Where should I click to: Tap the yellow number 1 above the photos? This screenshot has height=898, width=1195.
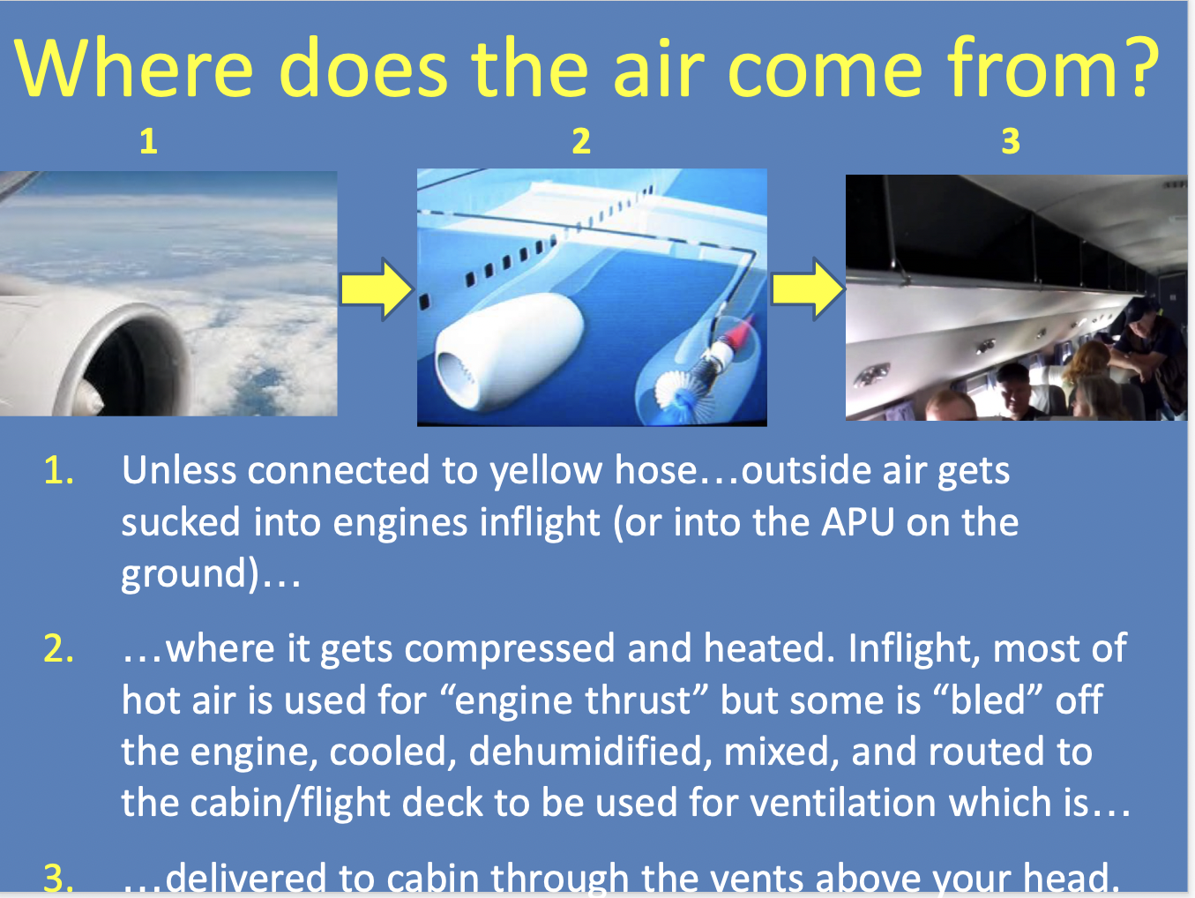[148, 141]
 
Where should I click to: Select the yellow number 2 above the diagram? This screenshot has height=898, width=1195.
[580, 141]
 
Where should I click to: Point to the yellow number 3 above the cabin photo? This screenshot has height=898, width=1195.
[1011, 141]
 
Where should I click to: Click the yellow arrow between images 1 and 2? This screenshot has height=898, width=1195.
[377, 288]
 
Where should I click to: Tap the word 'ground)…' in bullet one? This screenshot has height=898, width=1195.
[210, 574]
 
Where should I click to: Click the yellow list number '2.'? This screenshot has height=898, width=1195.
[58, 649]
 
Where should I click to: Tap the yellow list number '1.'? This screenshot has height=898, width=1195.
[58, 471]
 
